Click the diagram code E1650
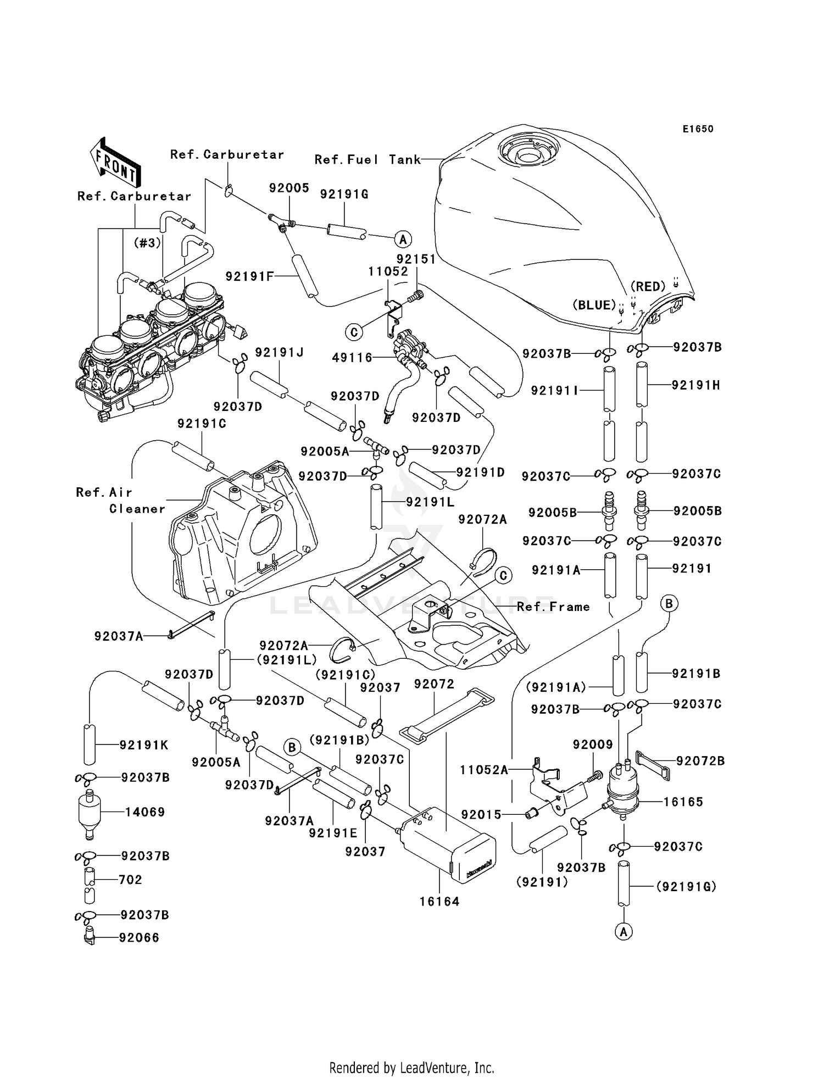point(698,129)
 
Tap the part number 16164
point(439,902)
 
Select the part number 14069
point(145,812)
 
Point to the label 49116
point(352,358)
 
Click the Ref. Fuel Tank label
point(368,159)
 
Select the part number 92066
point(139,937)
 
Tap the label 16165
point(683,802)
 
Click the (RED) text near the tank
point(648,286)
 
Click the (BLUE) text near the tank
point(594,305)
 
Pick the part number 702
point(130,880)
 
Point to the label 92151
point(416,259)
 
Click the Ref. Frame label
point(553,607)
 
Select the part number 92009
point(593,744)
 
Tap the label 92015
point(482,814)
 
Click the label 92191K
point(144,745)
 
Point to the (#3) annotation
point(147,242)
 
